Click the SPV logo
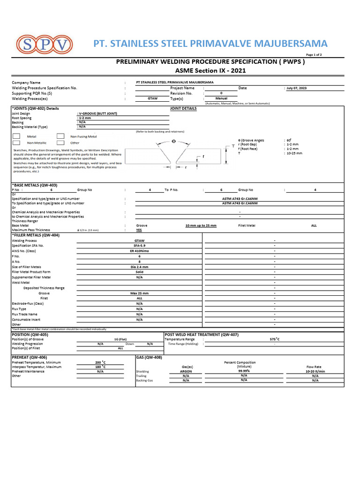45,45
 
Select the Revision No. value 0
221,93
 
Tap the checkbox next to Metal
16,136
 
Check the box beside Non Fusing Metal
60,136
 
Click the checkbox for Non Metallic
16,142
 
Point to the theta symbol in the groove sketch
173,141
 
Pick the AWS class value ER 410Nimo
139,251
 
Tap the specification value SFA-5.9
139,246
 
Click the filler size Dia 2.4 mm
139,267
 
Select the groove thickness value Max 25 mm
139,293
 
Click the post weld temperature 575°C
275,339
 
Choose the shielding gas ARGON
186,371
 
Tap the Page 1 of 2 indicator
314,55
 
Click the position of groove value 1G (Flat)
120,339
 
